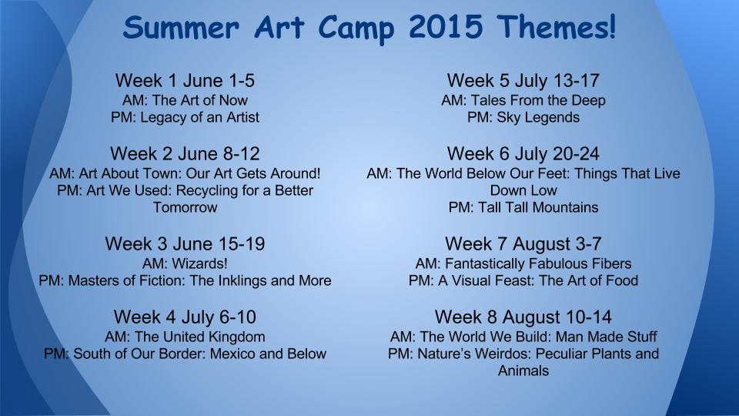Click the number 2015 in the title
(446, 27)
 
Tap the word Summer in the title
(182, 28)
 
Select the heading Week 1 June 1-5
(185, 81)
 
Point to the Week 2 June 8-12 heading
(185, 154)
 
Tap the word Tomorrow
(185, 207)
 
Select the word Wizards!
(200, 263)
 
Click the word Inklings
(241, 280)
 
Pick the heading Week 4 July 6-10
(185, 317)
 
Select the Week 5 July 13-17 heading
(523, 81)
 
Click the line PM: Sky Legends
(523, 117)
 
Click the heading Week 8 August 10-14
(523, 317)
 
